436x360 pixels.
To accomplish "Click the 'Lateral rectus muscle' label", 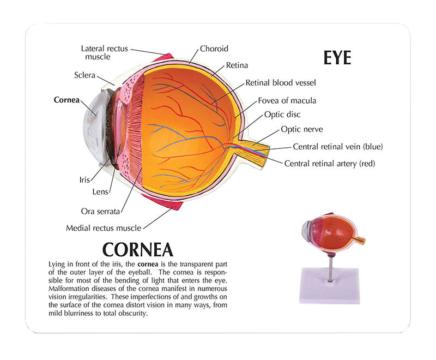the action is point(105,52).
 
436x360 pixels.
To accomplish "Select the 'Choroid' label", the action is point(214,48).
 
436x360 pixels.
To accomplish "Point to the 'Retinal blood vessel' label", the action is point(281,83).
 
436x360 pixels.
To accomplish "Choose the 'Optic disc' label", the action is point(282,115).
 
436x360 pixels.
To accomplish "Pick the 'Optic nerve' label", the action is point(302,129).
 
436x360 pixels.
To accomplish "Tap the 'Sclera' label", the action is point(85,75).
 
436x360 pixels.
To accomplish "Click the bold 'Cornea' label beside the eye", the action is point(66,100).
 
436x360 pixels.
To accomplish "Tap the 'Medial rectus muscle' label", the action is point(104,228).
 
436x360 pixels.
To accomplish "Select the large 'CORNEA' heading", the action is point(138,249).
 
